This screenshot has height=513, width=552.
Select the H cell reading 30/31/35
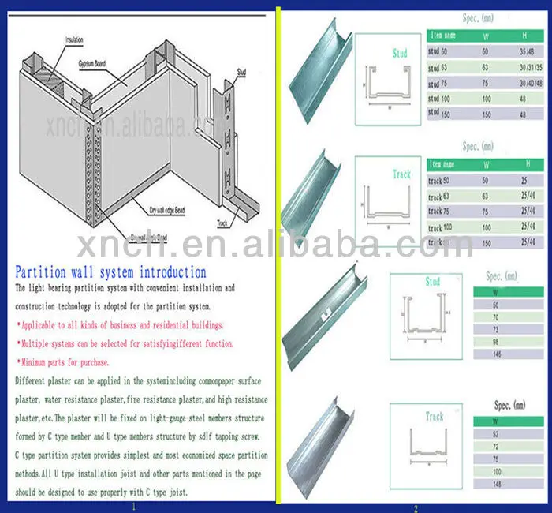[524, 68]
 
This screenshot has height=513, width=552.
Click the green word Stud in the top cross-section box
[400, 53]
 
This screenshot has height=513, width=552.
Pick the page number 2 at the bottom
[415, 508]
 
